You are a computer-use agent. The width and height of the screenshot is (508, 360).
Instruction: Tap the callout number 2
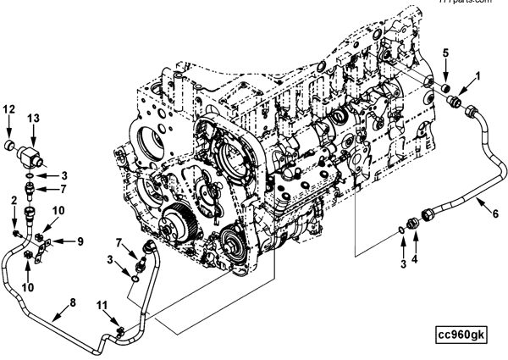click(14, 199)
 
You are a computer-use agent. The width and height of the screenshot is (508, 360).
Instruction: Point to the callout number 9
click(80, 241)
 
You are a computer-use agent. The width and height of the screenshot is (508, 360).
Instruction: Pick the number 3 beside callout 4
click(403, 263)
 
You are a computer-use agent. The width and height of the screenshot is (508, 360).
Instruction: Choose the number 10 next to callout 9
click(58, 209)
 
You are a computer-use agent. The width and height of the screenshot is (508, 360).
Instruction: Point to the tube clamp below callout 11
click(120, 327)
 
